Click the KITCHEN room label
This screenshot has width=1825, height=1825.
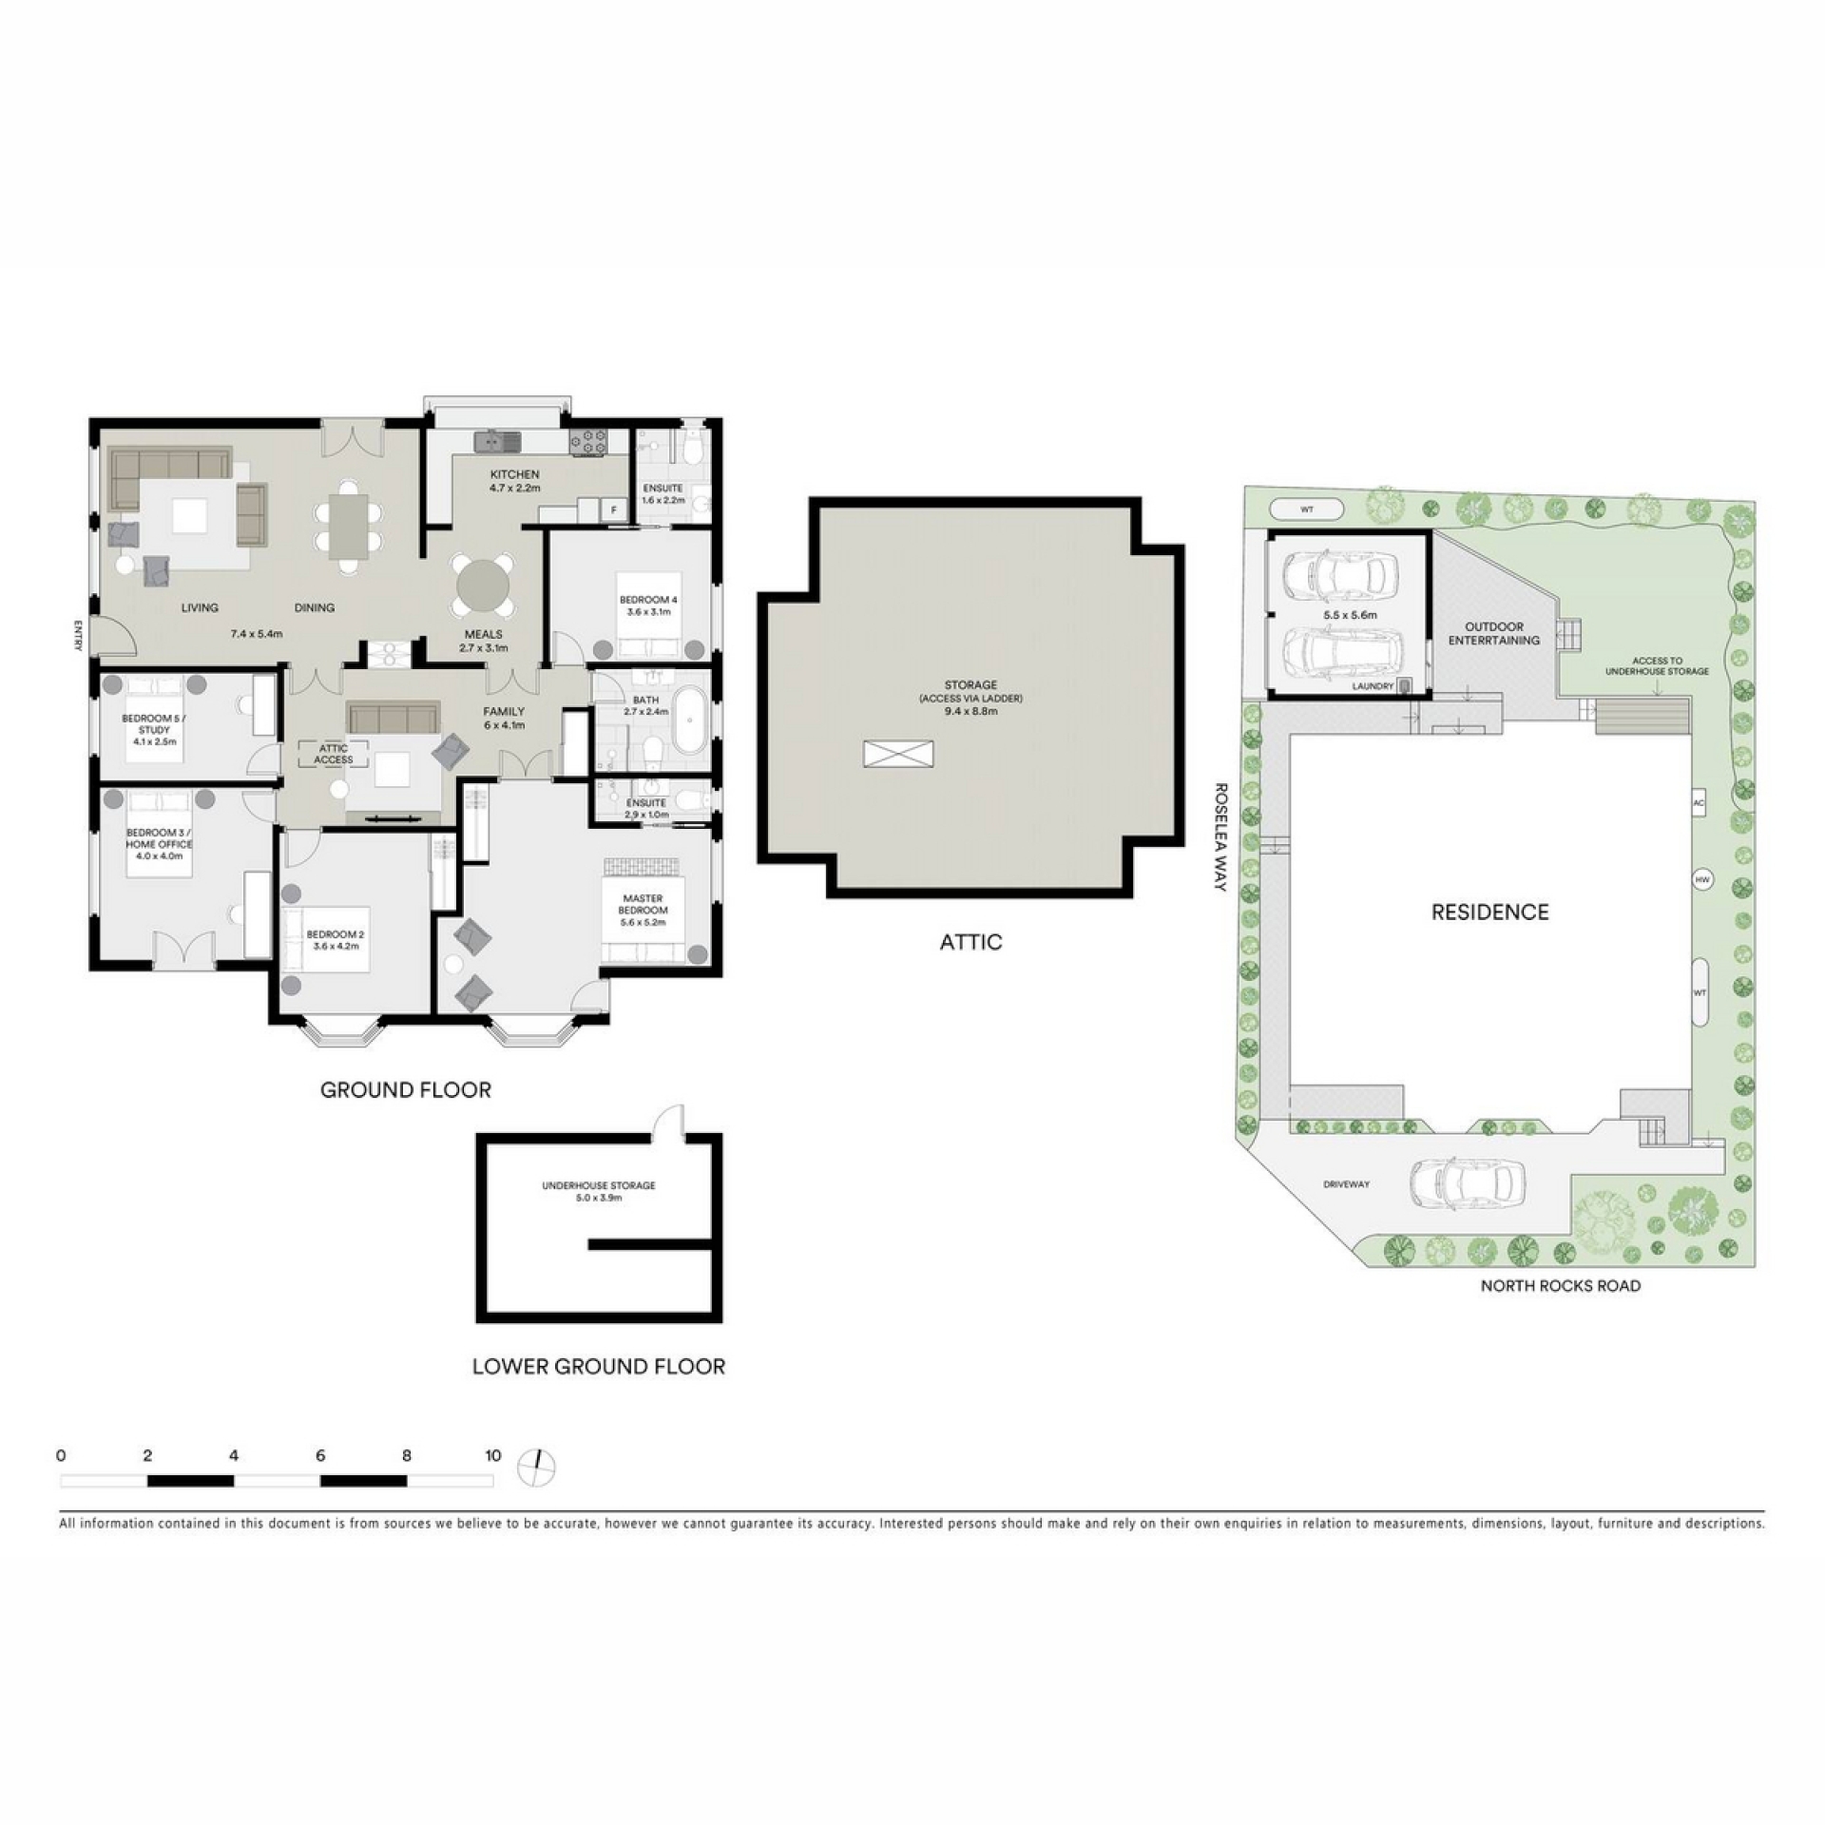(x=514, y=474)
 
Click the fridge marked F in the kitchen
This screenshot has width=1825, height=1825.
(x=614, y=510)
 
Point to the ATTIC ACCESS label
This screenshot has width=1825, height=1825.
(x=334, y=754)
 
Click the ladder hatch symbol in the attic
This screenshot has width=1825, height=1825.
(x=898, y=754)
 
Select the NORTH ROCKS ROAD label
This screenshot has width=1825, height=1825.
(x=1561, y=1286)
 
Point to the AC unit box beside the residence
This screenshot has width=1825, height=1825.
(x=1700, y=803)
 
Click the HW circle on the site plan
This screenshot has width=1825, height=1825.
(x=1701, y=880)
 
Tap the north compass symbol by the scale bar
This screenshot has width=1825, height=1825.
(x=536, y=1467)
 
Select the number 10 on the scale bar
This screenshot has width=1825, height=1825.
(x=492, y=1455)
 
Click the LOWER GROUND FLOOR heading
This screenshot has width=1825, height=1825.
(x=599, y=1367)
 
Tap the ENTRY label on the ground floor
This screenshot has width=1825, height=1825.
(x=76, y=635)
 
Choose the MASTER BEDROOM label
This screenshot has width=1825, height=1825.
(x=643, y=904)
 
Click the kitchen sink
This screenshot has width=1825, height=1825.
(x=498, y=441)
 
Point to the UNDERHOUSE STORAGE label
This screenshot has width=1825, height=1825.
(x=599, y=1185)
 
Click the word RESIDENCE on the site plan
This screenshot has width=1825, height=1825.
(x=1490, y=912)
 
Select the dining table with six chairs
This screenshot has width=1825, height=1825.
(x=350, y=527)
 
